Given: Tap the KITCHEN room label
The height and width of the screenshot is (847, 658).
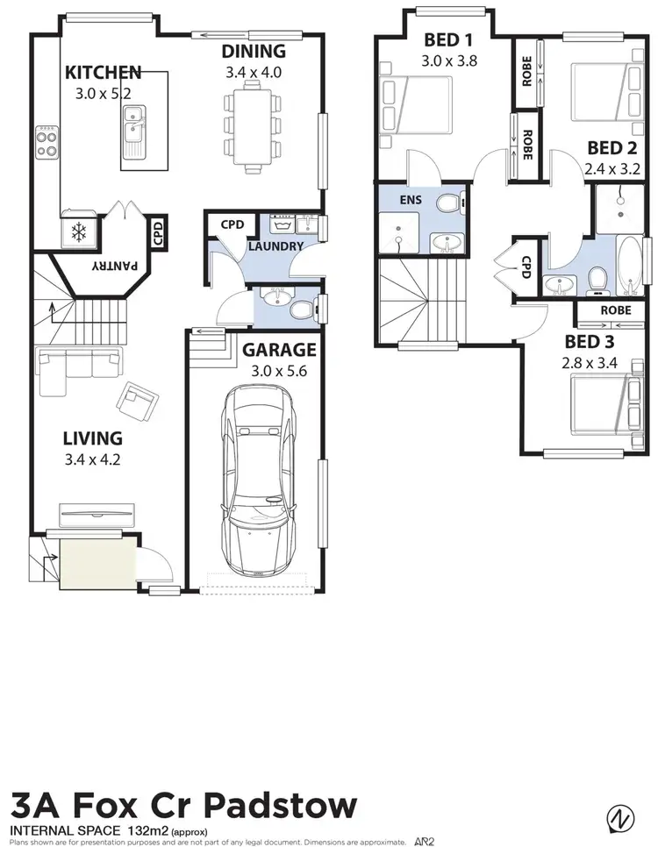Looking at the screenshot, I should (x=104, y=71).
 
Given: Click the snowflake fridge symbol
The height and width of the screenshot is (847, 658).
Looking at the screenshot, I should (x=79, y=232).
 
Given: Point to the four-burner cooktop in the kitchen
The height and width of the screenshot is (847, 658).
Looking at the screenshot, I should (x=46, y=141).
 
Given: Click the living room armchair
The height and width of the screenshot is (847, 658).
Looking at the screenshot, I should (x=136, y=402).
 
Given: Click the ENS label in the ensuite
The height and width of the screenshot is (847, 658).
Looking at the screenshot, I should (x=410, y=200).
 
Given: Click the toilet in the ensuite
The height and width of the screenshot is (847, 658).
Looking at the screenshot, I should (x=452, y=204).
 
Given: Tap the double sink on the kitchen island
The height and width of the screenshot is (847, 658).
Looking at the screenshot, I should (x=134, y=124).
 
